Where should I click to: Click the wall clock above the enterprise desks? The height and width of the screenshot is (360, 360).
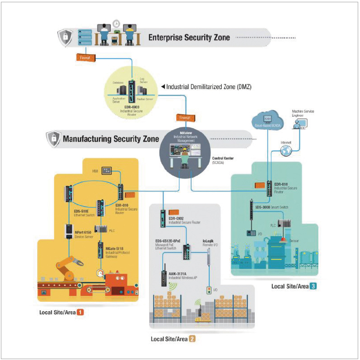[116, 23]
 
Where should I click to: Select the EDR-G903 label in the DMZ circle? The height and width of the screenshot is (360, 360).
[132, 107]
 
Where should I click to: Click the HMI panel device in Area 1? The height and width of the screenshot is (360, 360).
[107, 170]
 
